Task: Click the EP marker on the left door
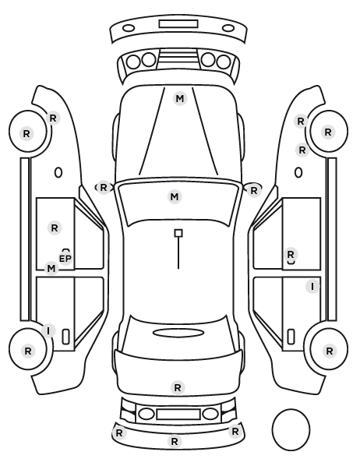pos(65,259)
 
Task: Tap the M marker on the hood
pos(180,99)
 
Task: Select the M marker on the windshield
pos(175,196)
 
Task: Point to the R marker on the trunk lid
pos(178,387)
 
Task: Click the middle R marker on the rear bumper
pos(175,441)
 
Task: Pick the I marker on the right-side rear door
pos(312,287)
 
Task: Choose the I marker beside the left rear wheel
pos(48,330)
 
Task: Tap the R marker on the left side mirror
pos(103,188)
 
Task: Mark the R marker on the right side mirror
pos(253,190)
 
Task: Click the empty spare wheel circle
pos(291,429)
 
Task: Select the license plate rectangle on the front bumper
pos(178,24)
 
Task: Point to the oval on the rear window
pos(178,333)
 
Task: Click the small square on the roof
pos(178,233)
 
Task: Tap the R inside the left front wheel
pos(26,134)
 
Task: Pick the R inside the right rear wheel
pos(329,351)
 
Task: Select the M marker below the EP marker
pos(51,269)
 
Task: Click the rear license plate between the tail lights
pos(178,414)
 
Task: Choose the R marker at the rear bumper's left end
pos(119,432)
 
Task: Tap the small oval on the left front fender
pos(58,172)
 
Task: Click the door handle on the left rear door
pos(65,337)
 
